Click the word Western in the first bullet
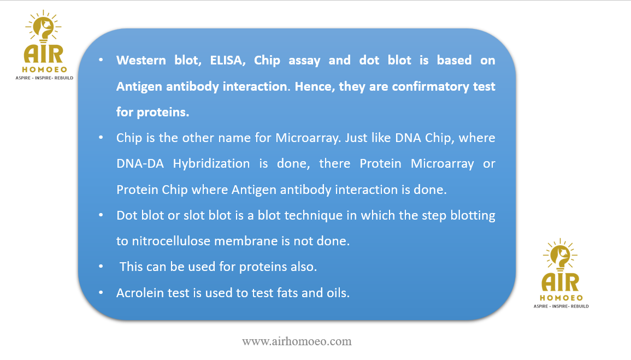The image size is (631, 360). [141, 60]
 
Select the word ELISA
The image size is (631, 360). [227, 61]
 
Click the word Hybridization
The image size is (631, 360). [211, 164]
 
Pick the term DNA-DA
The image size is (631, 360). [140, 164]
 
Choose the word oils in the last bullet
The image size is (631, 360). [338, 293]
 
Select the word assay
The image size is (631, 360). [304, 61]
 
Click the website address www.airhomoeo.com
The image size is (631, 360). [297, 341]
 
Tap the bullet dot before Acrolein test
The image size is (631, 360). [101, 292]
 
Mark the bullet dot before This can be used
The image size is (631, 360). [101, 266]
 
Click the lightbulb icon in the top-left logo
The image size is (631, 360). [44, 27]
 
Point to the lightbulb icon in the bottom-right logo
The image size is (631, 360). [560, 255]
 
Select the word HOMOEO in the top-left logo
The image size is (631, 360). [45, 69]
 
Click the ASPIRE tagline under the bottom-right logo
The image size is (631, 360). [561, 306]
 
